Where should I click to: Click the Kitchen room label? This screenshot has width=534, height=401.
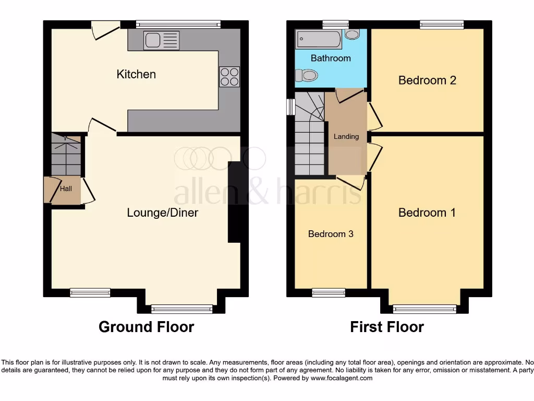click(x=136, y=74)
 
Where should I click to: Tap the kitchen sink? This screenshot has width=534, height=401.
click(x=161, y=40)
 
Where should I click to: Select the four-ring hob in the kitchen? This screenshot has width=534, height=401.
click(x=229, y=77)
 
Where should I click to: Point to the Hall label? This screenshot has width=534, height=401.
click(x=66, y=189)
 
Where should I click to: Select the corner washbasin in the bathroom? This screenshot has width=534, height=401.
click(x=353, y=34)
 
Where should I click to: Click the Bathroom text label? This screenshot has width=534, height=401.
click(x=331, y=58)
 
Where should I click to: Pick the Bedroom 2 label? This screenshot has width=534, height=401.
click(x=427, y=80)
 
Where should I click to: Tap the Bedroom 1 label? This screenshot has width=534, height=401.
click(x=427, y=213)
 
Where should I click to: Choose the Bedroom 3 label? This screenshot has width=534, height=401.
click(x=331, y=234)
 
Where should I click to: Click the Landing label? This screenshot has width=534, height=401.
click(x=346, y=136)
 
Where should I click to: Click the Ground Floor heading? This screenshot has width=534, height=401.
click(x=146, y=327)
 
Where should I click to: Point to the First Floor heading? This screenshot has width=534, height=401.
click(x=387, y=327)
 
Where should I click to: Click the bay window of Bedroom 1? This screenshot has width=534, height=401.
click(x=424, y=309)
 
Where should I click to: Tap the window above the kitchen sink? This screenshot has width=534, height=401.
click(x=178, y=24)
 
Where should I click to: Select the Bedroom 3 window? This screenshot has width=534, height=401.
click(x=329, y=293)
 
